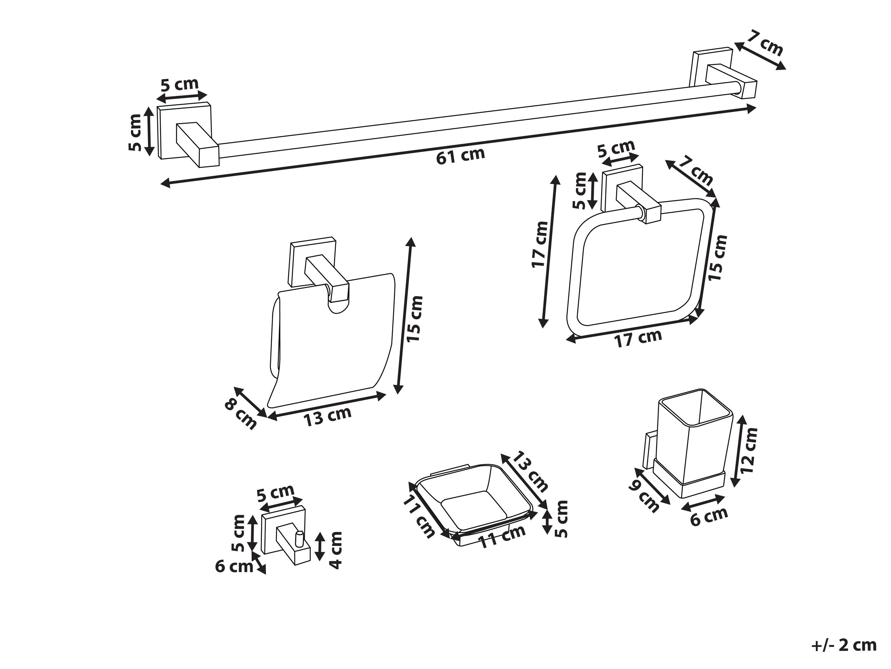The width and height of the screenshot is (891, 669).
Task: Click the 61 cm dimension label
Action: pyautogui.click(x=460, y=155)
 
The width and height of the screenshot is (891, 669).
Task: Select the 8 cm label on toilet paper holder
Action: pyautogui.click(x=241, y=415)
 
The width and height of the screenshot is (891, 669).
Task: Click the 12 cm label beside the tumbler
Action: pyautogui.click(x=749, y=450)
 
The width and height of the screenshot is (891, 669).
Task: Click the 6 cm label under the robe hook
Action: pyautogui.click(x=234, y=567)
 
